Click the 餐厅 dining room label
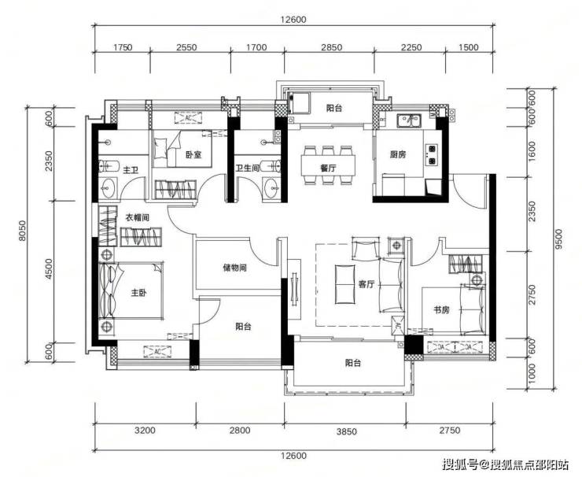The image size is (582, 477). click(328, 168)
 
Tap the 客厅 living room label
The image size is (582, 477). click(366, 285)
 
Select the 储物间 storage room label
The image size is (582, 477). click(234, 268)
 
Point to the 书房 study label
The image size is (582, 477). click(441, 309)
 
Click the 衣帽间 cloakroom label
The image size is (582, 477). click(137, 218)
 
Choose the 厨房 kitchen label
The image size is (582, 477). click(397, 154)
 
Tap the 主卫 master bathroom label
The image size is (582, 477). click(131, 170)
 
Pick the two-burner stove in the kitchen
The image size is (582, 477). click(431, 154)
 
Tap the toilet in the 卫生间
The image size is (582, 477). click(270, 166)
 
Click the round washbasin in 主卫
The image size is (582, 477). click(108, 189)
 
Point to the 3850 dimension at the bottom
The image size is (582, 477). click(346, 431)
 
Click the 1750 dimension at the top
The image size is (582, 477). click(123, 47)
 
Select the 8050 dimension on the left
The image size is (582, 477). click(23, 231)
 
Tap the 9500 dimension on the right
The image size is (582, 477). click(558, 239)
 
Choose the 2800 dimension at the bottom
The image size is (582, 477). click(239, 431)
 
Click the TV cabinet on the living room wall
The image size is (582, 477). click(295, 290)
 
